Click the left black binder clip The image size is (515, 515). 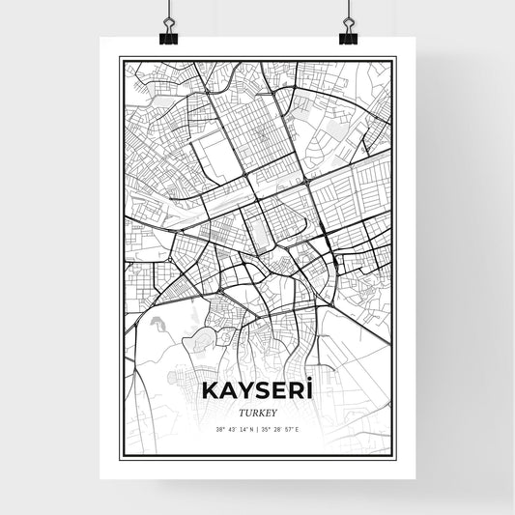point(168,35)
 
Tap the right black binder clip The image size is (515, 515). point(347,35)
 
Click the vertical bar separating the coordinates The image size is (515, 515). point(258,429)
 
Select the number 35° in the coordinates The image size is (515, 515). point(268,429)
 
